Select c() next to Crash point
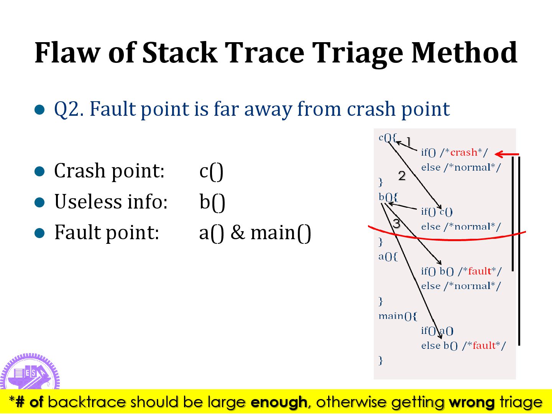point(211,171)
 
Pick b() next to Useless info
point(212,202)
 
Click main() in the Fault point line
point(281,233)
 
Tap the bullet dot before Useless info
point(40,202)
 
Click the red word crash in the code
point(464,153)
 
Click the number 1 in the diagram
point(408,141)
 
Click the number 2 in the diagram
point(402,176)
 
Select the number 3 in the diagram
point(396,223)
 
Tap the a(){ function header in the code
point(388,256)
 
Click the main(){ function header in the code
point(398,316)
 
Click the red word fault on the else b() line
point(484,346)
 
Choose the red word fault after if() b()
point(480,271)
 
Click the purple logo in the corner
point(30,372)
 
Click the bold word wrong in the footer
point(472,402)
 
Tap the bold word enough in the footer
point(279,402)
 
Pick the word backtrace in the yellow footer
point(87,402)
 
